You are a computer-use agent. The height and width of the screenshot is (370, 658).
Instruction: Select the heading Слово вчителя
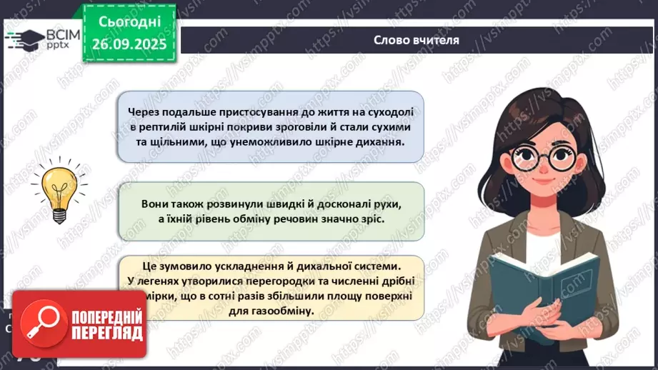coord(416,40)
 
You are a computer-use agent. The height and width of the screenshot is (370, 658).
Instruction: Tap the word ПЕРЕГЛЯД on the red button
coord(106,333)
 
